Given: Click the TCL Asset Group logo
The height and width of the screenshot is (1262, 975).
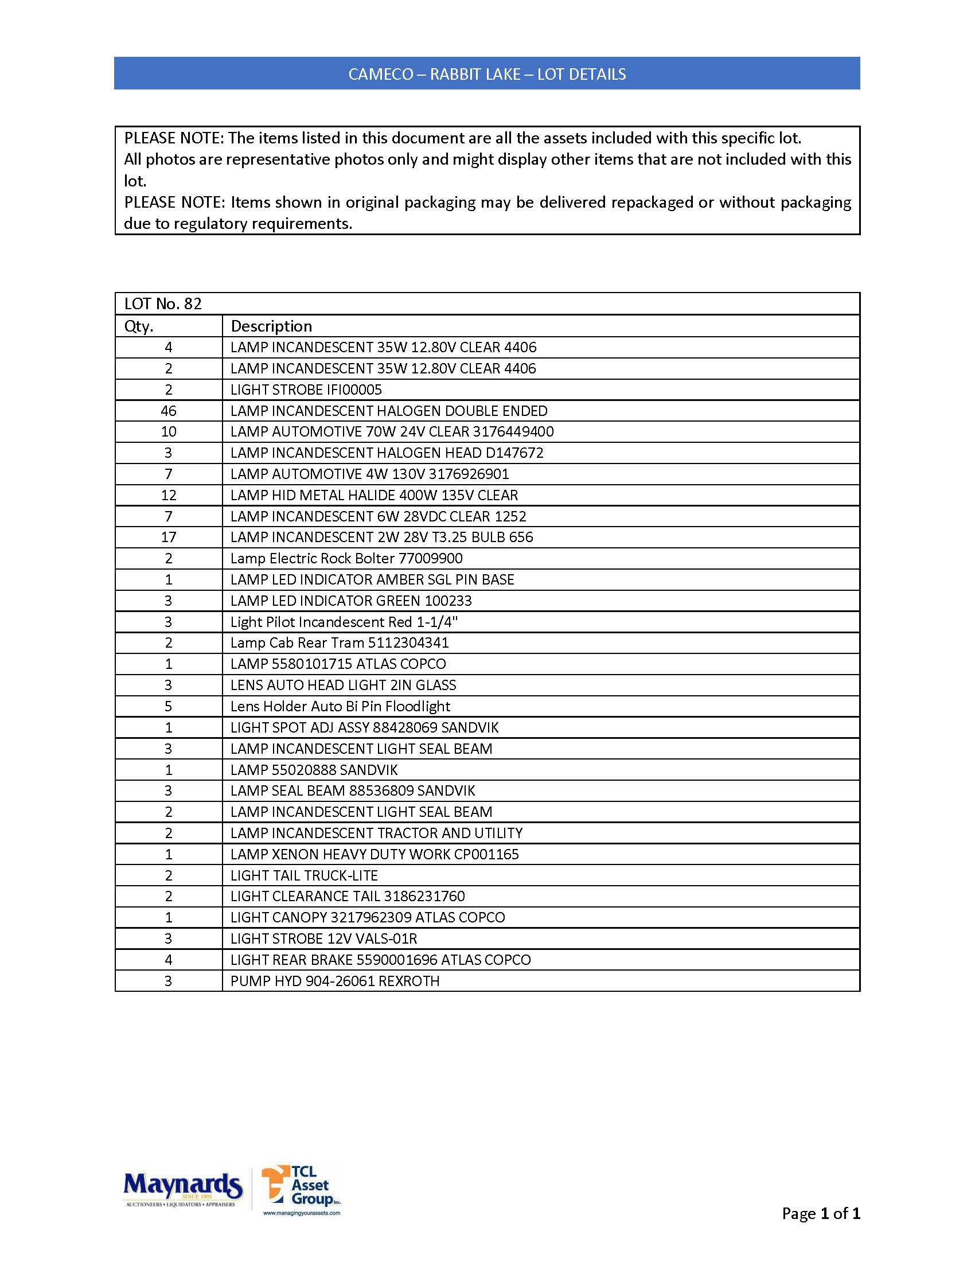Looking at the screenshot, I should point(301,1189).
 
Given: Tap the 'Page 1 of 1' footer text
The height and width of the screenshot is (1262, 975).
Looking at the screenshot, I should point(820,1213).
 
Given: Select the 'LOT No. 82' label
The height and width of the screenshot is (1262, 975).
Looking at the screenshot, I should point(163,304).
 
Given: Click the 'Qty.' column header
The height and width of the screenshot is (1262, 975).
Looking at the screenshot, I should point(139,326).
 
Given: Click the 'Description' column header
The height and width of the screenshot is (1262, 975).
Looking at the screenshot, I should point(271,326).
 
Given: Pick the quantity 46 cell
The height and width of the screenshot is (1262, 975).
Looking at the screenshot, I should point(169,411).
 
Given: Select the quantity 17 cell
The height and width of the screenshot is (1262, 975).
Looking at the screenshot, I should point(169,537).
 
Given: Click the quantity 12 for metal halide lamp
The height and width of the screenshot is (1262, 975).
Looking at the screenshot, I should point(169,495).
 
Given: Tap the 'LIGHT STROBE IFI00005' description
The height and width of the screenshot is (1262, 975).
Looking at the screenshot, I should point(306,389).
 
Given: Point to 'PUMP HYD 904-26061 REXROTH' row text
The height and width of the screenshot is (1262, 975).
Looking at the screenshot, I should point(335,981).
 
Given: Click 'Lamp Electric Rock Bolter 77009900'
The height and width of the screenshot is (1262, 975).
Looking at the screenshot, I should point(346,558).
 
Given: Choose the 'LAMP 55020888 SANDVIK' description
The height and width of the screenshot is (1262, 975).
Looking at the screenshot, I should point(314,770).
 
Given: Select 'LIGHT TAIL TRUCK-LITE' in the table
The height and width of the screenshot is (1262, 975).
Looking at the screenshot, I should point(304,875).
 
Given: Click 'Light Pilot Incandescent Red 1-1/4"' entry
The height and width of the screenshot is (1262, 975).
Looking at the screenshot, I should point(344,622).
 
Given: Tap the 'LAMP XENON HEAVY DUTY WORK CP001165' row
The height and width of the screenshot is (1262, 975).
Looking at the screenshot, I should point(375,854).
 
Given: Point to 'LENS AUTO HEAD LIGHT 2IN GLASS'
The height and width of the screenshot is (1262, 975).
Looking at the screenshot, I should point(343,685).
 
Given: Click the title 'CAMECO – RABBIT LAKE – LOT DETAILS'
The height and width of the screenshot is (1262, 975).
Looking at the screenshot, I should point(487,74).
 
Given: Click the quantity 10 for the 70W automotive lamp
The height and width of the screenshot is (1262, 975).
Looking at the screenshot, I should point(169,431).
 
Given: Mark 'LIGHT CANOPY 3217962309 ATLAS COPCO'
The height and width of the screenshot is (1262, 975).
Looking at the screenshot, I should point(368,918).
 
